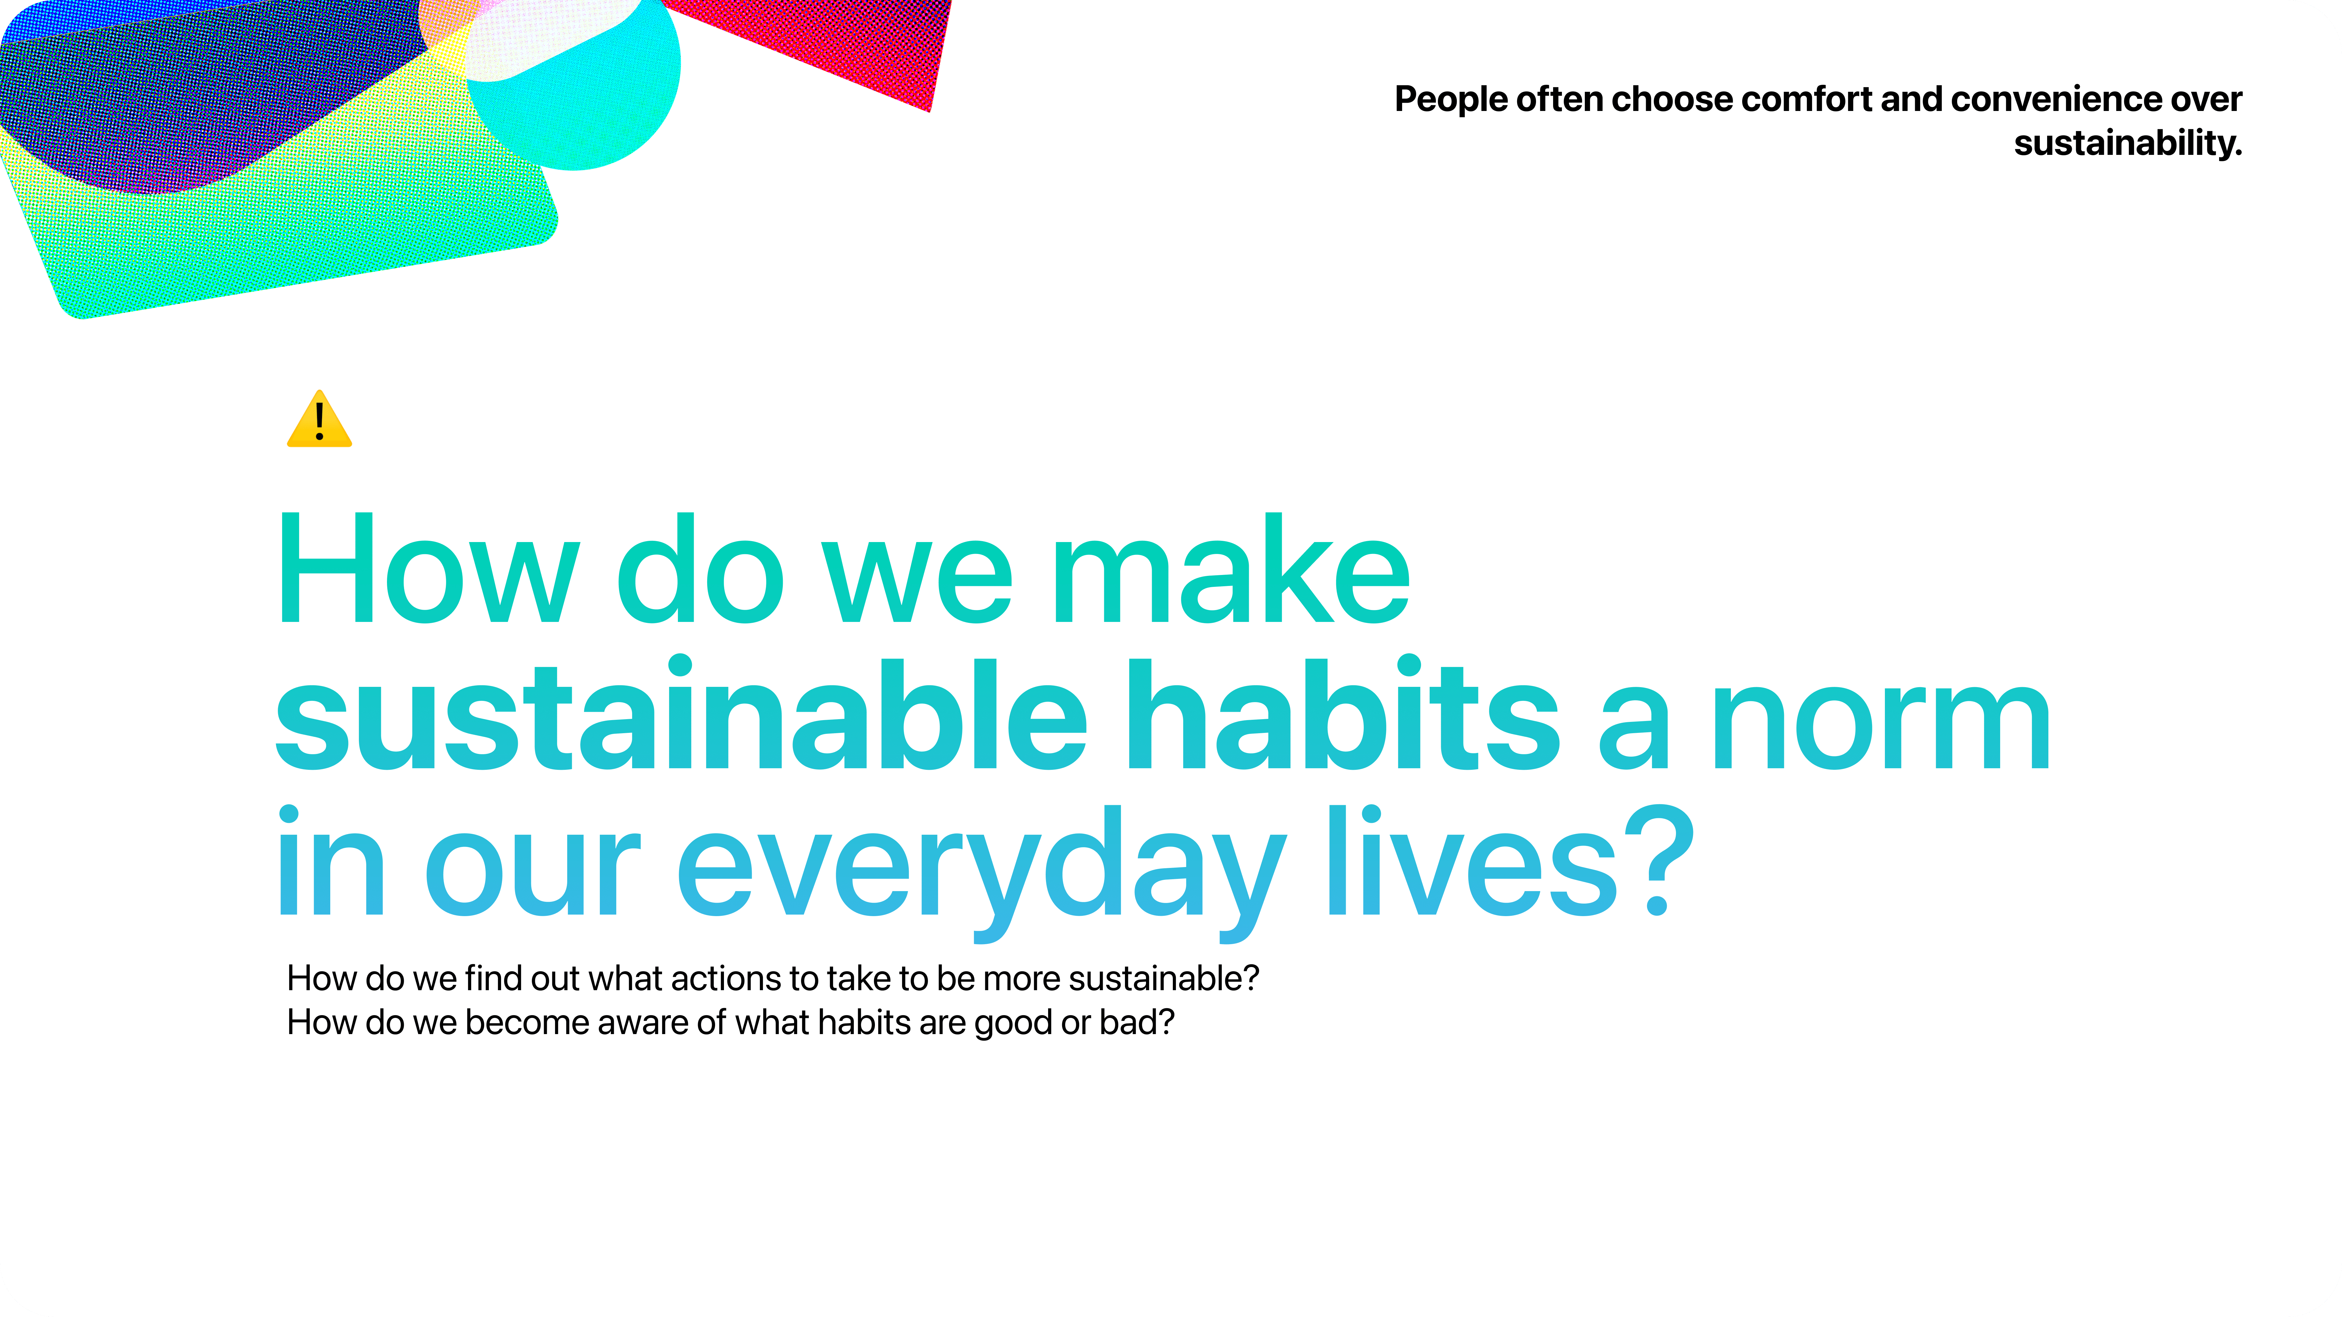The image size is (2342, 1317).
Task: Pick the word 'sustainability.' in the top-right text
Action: coord(2127,143)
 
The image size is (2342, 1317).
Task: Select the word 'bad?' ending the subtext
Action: coord(1137,1023)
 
